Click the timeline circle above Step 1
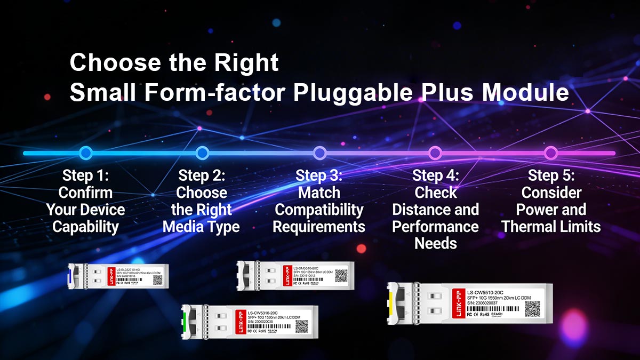85,153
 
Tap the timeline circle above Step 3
319,153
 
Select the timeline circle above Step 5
551,153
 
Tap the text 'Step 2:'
202,175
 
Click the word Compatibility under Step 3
319,210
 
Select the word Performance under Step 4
435,227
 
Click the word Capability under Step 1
85,227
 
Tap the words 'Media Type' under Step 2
201,227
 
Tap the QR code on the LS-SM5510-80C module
341,275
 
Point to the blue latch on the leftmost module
70,276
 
